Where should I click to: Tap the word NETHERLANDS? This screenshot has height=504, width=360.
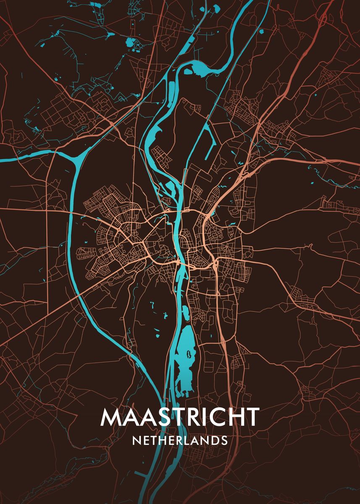[x=180, y=440]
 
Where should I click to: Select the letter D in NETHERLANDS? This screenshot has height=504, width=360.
[x=213, y=440]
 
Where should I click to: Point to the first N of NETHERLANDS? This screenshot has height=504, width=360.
[x=136, y=440]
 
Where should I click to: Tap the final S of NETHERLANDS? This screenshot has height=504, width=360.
[x=224, y=440]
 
